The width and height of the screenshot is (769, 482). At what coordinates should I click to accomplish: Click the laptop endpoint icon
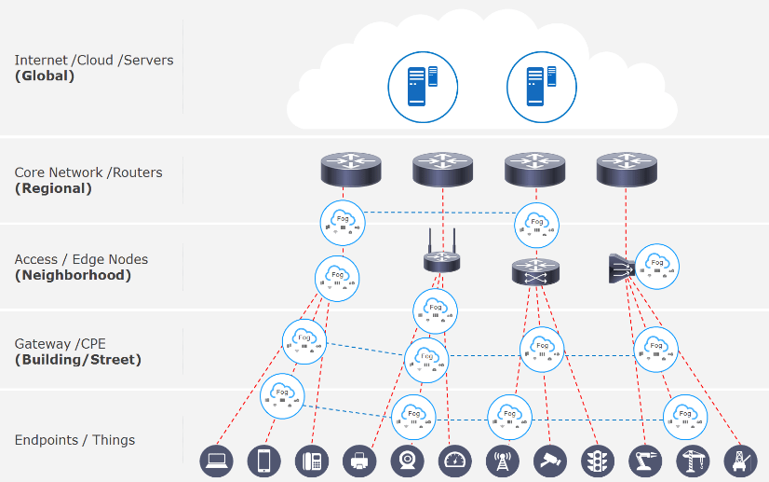tap(217, 461)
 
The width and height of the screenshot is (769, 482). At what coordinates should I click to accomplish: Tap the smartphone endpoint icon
tap(264, 461)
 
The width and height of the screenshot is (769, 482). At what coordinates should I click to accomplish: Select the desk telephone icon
tap(312, 461)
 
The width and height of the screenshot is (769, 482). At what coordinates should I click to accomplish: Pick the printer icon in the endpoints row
tap(359, 461)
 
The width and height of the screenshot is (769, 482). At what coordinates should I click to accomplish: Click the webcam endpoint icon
tap(408, 461)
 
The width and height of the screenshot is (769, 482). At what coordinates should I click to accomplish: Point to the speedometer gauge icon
tap(455, 461)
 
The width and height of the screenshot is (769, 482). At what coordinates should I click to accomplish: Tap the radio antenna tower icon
tap(503, 461)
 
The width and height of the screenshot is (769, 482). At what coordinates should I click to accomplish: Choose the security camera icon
tap(550, 461)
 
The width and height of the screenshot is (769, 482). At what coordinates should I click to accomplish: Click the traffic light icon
tap(598, 461)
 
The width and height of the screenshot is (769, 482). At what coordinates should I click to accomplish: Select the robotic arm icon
tap(645, 461)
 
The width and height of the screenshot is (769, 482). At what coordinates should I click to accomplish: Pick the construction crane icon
tap(693, 461)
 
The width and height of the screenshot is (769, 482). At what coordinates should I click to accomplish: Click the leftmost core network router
tap(351, 169)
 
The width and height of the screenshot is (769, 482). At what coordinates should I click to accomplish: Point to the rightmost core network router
tap(627, 169)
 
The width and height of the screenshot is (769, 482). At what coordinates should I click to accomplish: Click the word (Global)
tap(45, 76)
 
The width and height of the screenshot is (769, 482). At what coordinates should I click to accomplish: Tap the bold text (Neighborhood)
tap(73, 275)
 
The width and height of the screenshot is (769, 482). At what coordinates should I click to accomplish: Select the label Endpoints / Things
tap(74, 440)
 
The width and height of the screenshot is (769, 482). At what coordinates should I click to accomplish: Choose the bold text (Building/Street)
tap(78, 360)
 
